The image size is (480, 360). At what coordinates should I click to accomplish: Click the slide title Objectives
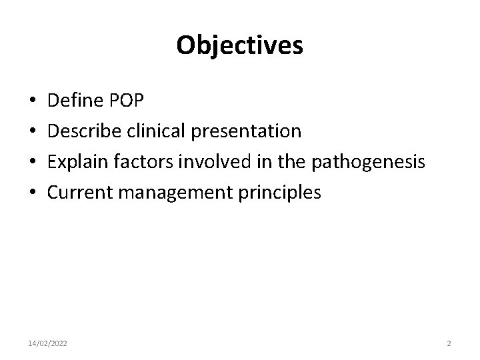click(240, 45)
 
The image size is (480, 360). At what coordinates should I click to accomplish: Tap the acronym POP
click(123, 101)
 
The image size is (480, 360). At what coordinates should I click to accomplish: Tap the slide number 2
click(449, 343)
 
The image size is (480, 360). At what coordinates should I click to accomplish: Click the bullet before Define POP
click(33, 102)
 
